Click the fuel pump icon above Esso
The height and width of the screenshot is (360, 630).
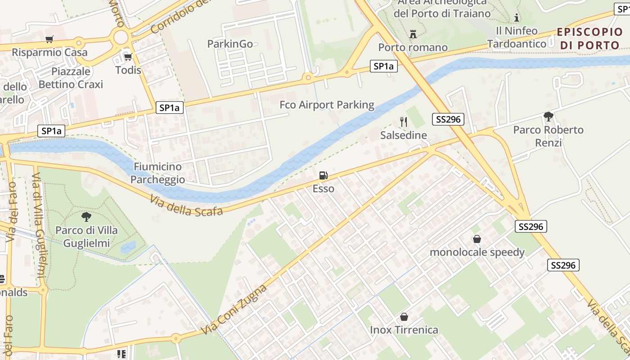[323, 175]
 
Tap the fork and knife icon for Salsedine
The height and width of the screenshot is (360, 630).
[403, 122]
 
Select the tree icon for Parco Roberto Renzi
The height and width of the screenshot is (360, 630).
[548, 117]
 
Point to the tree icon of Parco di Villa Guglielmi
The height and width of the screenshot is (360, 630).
[86, 217]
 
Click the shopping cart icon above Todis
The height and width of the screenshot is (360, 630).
[128, 57]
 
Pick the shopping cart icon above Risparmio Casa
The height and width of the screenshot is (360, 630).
[49, 40]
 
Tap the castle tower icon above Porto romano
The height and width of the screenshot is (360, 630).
[413, 34]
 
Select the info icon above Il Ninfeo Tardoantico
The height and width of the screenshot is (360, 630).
[517, 18]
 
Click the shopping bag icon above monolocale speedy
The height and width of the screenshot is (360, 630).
[477, 239]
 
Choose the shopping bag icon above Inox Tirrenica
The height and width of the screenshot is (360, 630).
[404, 317]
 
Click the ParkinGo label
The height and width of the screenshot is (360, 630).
[230, 44]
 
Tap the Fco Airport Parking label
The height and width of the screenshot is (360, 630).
[327, 105]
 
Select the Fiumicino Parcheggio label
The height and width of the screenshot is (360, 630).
[157, 173]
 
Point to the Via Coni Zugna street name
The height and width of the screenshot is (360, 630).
[234, 309]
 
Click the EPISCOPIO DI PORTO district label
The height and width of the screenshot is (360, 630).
[589, 39]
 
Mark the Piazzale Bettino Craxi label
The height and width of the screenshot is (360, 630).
[71, 78]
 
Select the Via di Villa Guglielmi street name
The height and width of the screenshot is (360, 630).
[40, 234]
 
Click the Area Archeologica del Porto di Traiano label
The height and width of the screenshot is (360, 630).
[442, 8]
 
